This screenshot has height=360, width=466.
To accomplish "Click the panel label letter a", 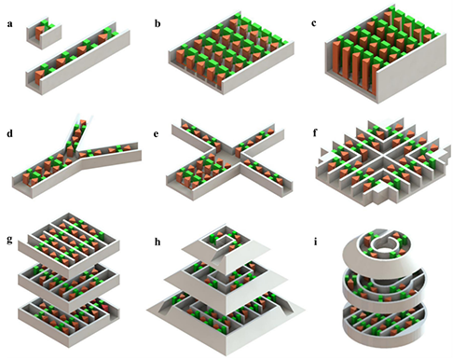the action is tap(9, 24).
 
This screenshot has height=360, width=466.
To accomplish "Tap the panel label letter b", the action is tap(158, 23).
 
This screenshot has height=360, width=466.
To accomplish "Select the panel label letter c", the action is tap(314, 23).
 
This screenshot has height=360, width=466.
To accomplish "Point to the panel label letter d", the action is tap(10, 133).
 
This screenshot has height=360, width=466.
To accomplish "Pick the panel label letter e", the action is tap(156, 134).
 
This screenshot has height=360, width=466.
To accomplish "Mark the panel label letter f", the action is tap(315, 133).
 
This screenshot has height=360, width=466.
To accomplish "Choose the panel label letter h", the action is tap(158, 242).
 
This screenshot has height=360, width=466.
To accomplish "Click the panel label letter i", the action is tap(316, 242).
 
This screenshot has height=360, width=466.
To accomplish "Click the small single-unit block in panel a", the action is tap(44, 34).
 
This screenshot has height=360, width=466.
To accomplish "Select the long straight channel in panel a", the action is tap(77, 59).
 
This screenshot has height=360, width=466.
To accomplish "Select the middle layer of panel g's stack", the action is tap(69, 282).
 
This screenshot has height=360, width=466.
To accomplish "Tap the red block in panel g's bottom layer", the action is tap(105, 308).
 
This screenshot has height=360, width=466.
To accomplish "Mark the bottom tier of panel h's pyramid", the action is tap(226, 320).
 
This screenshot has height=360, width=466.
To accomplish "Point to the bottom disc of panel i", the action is tap(384, 324).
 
